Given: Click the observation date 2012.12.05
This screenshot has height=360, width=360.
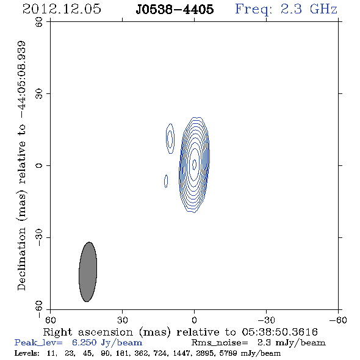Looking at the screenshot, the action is (62, 9).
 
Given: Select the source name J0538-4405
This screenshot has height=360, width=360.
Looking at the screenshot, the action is (175, 10).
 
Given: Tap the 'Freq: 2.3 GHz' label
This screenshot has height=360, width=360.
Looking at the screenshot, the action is (286, 10).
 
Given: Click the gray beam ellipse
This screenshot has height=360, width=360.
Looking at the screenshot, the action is (88, 272).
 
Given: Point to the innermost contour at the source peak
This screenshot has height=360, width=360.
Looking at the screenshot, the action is (194, 164).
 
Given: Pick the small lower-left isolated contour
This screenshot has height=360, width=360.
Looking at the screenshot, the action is (166, 181).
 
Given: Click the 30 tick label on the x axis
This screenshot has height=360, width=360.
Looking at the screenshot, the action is (122, 320).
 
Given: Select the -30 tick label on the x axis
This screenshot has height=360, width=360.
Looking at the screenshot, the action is (266, 320).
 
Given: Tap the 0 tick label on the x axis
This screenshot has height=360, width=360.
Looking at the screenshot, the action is (194, 320).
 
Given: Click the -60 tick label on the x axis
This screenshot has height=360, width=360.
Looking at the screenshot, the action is (338, 320).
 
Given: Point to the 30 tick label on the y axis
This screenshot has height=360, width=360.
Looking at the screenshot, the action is (39, 94).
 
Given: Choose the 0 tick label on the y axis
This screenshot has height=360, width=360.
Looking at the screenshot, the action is (39, 165).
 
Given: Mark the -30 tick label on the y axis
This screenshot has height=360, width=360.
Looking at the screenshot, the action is (39, 237).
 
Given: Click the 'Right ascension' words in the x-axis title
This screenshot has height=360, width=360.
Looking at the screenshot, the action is (88, 332).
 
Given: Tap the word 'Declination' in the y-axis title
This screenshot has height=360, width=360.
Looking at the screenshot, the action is (21, 259).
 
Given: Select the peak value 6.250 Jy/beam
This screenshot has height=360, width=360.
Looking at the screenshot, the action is (107, 343).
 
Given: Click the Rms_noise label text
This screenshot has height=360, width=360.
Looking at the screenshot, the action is (220, 343).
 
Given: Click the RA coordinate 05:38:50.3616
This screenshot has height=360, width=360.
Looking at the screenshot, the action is (279, 332).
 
